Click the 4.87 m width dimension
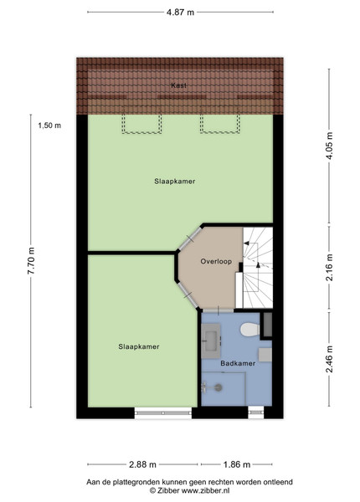(x=180, y=13)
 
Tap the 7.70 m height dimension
(x=31, y=260)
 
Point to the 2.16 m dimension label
(x=329, y=268)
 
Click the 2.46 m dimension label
(x=329, y=359)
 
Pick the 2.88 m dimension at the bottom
(x=142, y=464)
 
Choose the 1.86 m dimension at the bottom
(x=237, y=464)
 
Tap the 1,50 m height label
(x=49, y=125)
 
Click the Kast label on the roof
(x=178, y=85)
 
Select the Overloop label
(x=216, y=261)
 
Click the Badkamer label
(x=238, y=363)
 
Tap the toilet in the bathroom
(x=249, y=330)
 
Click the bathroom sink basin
(x=211, y=341)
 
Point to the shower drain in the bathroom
(x=219, y=387)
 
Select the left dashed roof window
(x=141, y=123)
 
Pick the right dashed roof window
(x=219, y=123)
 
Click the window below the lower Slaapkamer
(x=162, y=413)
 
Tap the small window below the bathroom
(x=256, y=412)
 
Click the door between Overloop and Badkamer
(x=219, y=310)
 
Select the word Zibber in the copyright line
(x=168, y=490)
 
